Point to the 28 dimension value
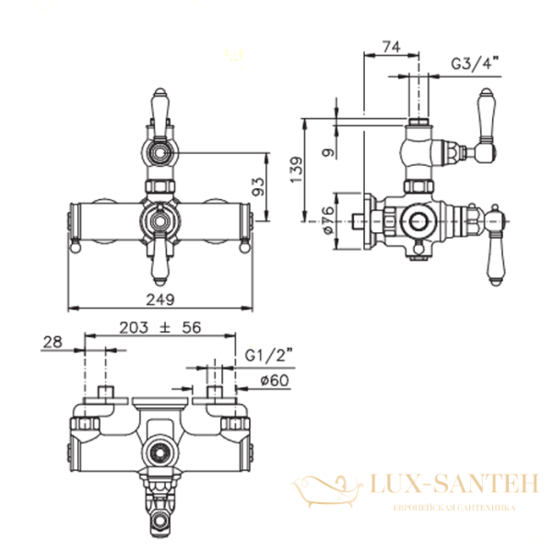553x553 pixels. [53, 343]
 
